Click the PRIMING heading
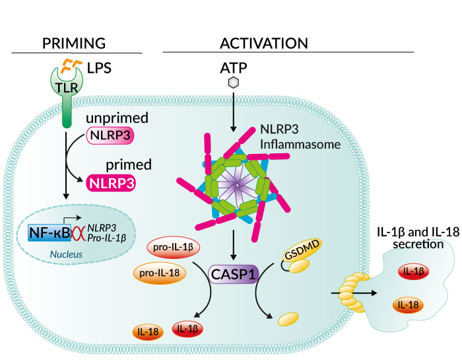(x=74, y=44)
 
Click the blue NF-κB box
(x=49, y=233)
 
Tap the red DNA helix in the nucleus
(x=78, y=233)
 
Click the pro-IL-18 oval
(x=159, y=273)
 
